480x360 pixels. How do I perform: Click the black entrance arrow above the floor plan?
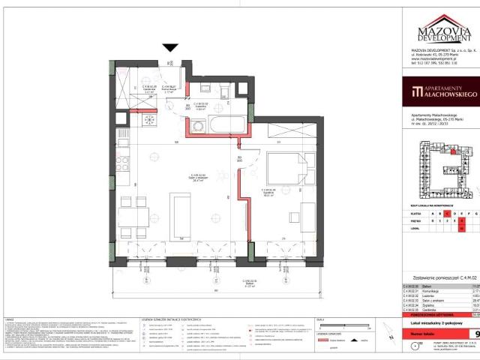tap(170, 48)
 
